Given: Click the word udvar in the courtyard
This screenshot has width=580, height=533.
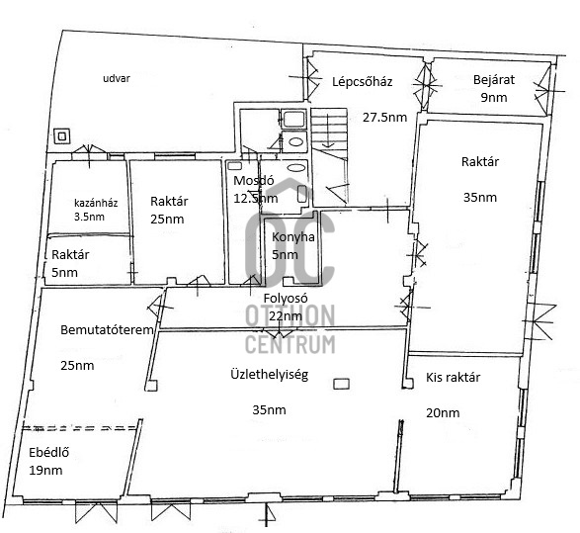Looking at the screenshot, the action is coord(117,78).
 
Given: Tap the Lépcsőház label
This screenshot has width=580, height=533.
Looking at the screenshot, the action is coord(363,82).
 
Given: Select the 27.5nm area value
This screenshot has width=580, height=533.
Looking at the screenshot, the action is coord(384,118).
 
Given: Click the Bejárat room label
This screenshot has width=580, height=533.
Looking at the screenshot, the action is coord(494,80).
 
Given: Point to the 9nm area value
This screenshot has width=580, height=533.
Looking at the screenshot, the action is coord(494,97).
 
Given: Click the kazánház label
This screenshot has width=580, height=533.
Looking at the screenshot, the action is coord(96,203).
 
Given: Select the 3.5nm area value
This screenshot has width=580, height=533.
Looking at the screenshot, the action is coord(89,217).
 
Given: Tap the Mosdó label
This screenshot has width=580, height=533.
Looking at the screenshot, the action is coord(254,181).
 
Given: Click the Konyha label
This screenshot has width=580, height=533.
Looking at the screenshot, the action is coord(293,237).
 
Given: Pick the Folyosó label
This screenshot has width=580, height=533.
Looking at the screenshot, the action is coord(286,299).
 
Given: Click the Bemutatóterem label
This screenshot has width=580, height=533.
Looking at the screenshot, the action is coord(107,330).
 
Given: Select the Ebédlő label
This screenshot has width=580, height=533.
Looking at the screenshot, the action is coord(48,452).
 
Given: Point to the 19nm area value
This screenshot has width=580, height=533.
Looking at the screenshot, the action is coord(45,471).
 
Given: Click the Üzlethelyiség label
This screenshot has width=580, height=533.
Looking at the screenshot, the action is coord(270,375).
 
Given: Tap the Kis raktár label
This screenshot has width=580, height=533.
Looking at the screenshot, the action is coord(454,377).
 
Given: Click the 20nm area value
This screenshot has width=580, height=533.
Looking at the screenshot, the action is coord(443,412).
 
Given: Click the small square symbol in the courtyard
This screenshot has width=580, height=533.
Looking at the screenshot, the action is coord(62,136).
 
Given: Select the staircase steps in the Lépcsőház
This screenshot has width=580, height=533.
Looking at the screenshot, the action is coord(329,130).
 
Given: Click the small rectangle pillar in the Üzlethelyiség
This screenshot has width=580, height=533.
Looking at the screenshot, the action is coord(341,384).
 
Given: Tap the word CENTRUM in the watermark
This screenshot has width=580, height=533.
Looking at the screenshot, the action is coord(290,344).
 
